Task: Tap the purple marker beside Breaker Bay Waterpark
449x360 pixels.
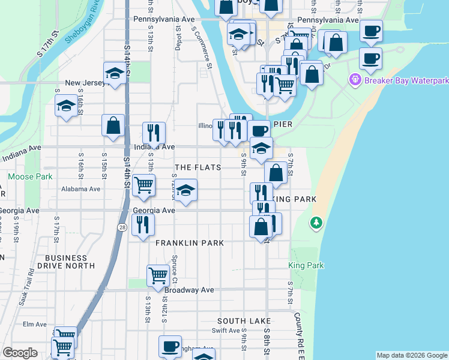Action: click(x=355, y=79)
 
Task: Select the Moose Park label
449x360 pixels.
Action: click(x=30, y=177)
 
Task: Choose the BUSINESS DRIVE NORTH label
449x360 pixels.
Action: click(x=74, y=260)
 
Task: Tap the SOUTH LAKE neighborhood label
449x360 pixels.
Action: click(x=244, y=322)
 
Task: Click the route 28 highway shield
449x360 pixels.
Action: click(x=122, y=227)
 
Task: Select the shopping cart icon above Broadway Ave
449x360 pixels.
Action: click(x=158, y=275)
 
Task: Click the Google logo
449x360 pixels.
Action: click(x=20, y=353)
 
